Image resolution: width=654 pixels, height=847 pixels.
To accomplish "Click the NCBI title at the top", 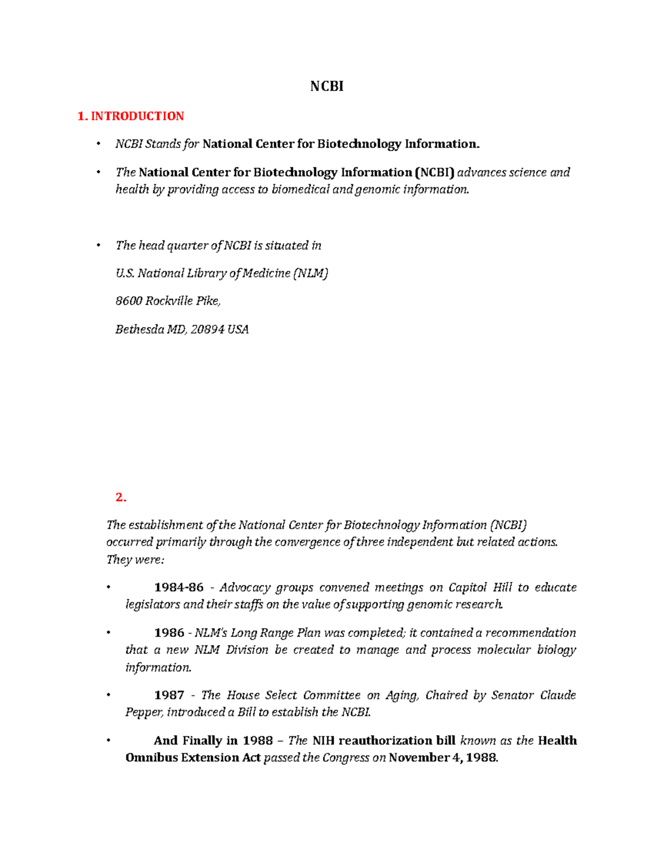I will tap(326, 86).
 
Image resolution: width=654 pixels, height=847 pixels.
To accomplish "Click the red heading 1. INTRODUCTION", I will tap(131, 116).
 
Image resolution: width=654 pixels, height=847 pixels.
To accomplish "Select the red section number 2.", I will tap(121, 497).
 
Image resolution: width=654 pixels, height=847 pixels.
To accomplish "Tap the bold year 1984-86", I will tap(179, 587).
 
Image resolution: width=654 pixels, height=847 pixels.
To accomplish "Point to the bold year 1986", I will tap(169, 633).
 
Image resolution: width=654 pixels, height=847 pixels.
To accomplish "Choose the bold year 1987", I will tap(169, 695).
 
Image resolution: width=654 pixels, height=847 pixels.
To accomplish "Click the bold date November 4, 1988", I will tap(443, 758).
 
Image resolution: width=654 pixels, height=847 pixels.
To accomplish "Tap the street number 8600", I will tap(129, 301).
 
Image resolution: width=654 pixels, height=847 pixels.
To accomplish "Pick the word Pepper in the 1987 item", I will tap(144, 712).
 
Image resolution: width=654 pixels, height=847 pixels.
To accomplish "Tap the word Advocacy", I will tap(245, 587).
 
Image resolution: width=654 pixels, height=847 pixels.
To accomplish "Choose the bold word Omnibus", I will tap(152, 758).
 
